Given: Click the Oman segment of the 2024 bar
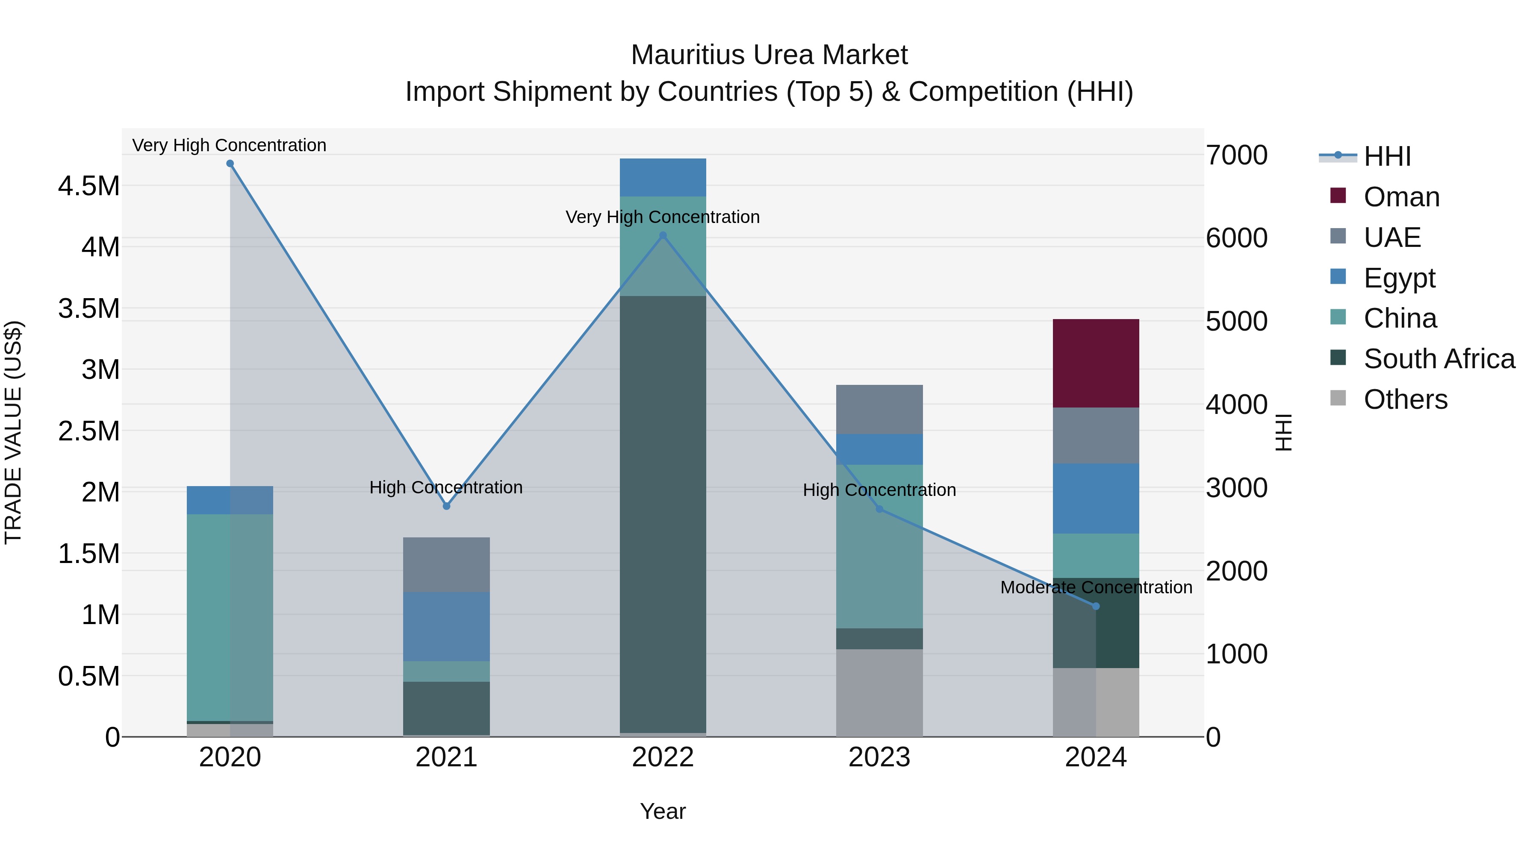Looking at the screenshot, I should (1095, 363).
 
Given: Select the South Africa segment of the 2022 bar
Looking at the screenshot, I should (663, 513).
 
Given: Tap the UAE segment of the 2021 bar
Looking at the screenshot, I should (446, 564).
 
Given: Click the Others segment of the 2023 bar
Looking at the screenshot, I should (879, 692).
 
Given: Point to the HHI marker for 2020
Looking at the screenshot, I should (230, 164).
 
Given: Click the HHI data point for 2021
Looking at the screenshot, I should (446, 506).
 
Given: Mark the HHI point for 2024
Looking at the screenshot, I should (1096, 606).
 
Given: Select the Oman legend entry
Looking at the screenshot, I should (1401, 197).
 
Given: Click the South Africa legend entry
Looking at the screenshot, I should (1439, 359).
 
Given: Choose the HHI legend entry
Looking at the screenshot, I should (1387, 156).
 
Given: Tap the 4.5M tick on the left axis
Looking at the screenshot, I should (89, 186).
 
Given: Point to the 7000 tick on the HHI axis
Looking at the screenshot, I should (1236, 155).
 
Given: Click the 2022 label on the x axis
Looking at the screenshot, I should (663, 757).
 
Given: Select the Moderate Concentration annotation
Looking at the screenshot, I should (1096, 587).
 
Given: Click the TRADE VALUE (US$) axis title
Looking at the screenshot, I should (14, 432).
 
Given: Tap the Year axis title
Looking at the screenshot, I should (663, 811).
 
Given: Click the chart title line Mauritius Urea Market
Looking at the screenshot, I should (769, 55).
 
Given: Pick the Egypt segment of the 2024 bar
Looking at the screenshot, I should (1095, 498).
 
